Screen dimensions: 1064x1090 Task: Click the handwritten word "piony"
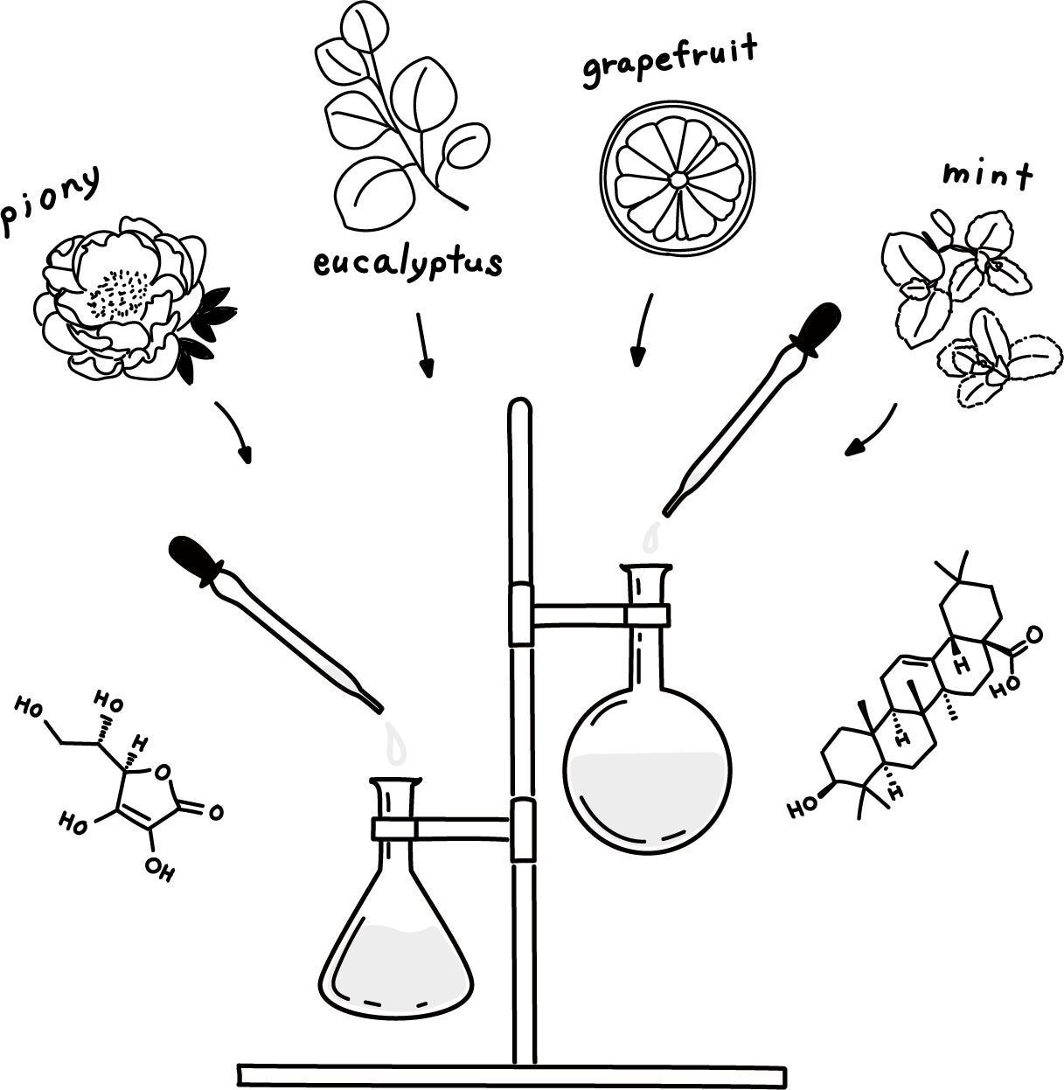click(51, 200)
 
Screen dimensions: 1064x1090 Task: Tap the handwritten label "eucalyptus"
click(408, 260)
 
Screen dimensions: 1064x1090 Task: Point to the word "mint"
click(986, 175)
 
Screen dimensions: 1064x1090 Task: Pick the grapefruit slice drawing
click(677, 179)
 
